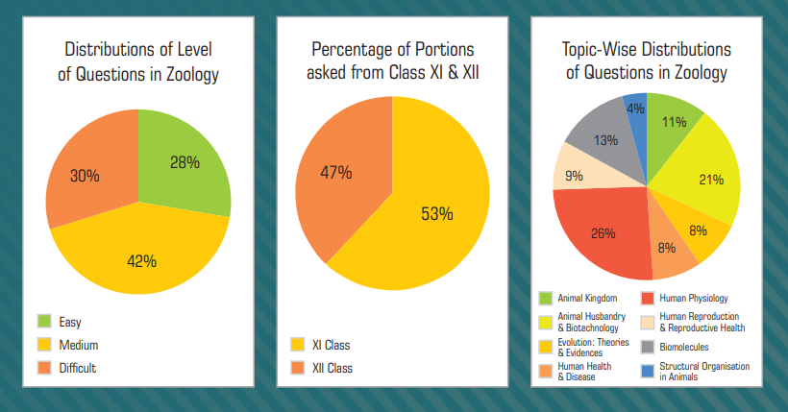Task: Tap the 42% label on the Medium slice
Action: tap(140, 260)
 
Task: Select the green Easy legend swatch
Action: tap(44, 321)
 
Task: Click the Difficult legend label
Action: tap(78, 367)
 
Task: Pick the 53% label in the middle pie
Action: tap(436, 213)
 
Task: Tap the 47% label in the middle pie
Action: tap(336, 172)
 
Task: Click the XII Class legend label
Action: tap(334, 367)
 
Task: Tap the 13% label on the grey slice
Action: tap(605, 140)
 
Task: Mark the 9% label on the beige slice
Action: tap(574, 176)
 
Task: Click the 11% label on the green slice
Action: tap(674, 122)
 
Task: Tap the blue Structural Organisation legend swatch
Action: tap(648, 371)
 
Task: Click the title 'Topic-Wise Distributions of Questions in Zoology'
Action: tap(647, 60)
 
